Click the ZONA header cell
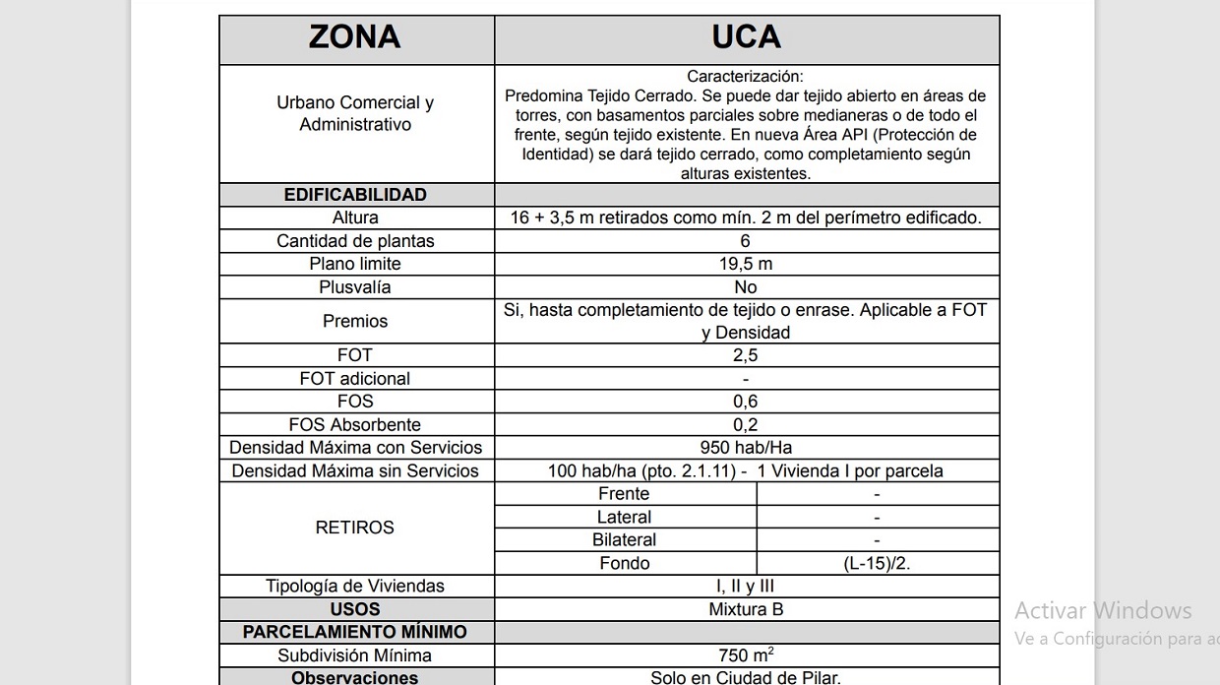pyautogui.click(x=355, y=37)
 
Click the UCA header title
pyautogui.click(x=746, y=37)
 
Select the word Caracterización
pyautogui.click(x=745, y=76)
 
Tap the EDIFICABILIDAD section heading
pyautogui.click(x=355, y=195)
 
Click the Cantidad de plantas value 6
pyautogui.click(x=746, y=241)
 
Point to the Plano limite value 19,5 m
pyautogui.click(x=746, y=264)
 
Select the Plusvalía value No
pyautogui.click(x=746, y=287)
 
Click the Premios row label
pyautogui.click(x=355, y=321)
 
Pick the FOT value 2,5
pyautogui.click(x=746, y=355)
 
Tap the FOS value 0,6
pyautogui.click(x=746, y=402)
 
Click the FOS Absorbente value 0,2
pyautogui.click(x=746, y=425)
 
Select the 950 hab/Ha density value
pyautogui.click(x=746, y=448)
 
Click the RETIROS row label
pyautogui.click(x=355, y=528)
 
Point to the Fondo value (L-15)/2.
pyautogui.click(x=877, y=564)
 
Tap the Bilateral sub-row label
pyautogui.click(x=625, y=540)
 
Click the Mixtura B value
pyautogui.click(x=746, y=609)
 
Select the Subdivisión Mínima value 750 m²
pyautogui.click(x=746, y=655)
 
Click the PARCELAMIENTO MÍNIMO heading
pyautogui.click(x=355, y=632)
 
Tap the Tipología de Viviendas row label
pyautogui.click(x=355, y=587)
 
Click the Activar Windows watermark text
pyautogui.click(x=1103, y=610)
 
